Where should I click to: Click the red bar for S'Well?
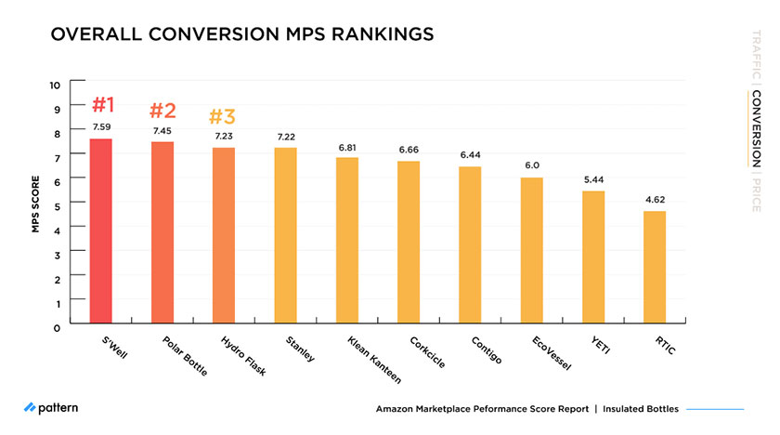pos(100,232)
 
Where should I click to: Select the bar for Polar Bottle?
pos(162,233)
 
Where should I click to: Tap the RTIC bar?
pos(655,269)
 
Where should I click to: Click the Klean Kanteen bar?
pos(346,242)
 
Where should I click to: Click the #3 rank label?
pos(222,117)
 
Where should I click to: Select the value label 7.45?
pos(162,131)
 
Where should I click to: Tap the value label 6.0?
pos(531,165)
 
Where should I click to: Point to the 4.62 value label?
pos(655,200)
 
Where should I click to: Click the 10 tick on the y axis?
pos(55,85)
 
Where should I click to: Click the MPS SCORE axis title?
pos(35,204)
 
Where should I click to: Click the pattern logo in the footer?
pos(51,408)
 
